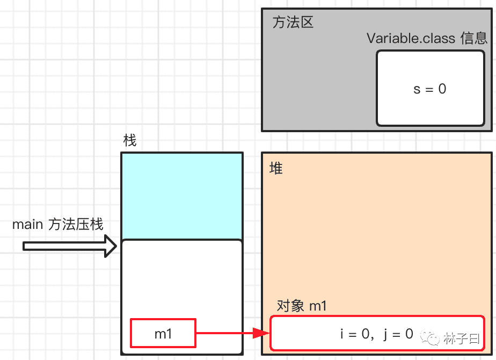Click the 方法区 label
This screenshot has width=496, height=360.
pyautogui.click(x=293, y=23)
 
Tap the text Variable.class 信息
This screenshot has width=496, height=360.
pyautogui.click(x=427, y=38)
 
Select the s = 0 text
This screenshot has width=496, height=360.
pyautogui.click(x=429, y=89)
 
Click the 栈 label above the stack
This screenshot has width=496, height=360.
pyautogui.click(x=130, y=141)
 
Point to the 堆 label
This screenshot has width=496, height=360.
pyautogui.click(x=276, y=168)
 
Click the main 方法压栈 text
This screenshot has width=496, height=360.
pyautogui.click(x=58, y=224)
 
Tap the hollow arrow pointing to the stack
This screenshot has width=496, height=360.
pyautogui.click(x=70, y=246)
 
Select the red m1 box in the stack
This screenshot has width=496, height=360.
pyautogui.click(x=163, y=334)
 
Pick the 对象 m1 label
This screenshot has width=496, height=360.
pyautogui.click(x=302, y=306)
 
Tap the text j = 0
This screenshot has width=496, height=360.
pyautogui.click(x=398, y=334)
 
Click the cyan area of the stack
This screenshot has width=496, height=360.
pyautogui.click(x=181, y=196)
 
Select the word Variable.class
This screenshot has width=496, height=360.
pyautogui.click(x=411, y=38)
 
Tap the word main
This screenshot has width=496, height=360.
pyautogui.click(x=27, y=224)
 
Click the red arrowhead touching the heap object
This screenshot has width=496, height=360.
pyautogui.click(x=262, y=334)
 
